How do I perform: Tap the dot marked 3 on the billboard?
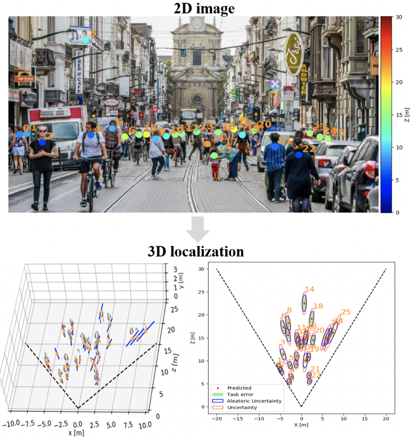pos(85,40)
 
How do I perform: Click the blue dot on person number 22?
pos(299,155)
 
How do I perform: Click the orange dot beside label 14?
pos(208,144)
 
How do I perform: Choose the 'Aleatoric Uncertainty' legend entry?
pos(257,401)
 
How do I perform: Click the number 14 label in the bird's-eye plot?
pos(309,290)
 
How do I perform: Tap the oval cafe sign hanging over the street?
pos(294,54)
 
